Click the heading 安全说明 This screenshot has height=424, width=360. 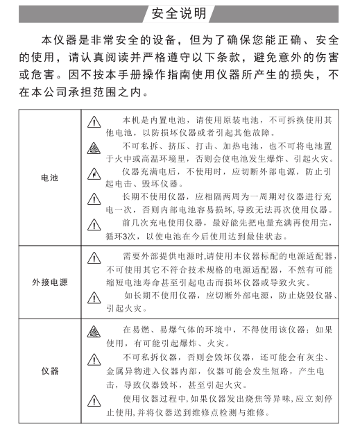point(181,13)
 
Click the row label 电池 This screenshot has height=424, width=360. point(49,178)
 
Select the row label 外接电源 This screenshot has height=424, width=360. point(49,283)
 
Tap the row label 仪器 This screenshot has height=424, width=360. point(49,370)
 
